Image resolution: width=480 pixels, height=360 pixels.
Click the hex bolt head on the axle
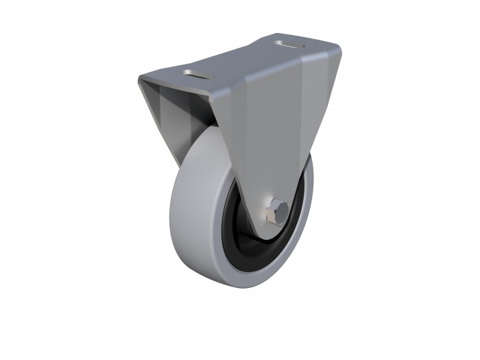click(x=277, y=209)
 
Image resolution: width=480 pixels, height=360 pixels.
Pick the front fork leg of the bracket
click(x=274, y=137)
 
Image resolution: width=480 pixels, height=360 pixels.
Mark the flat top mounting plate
click(x=240, y=62)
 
